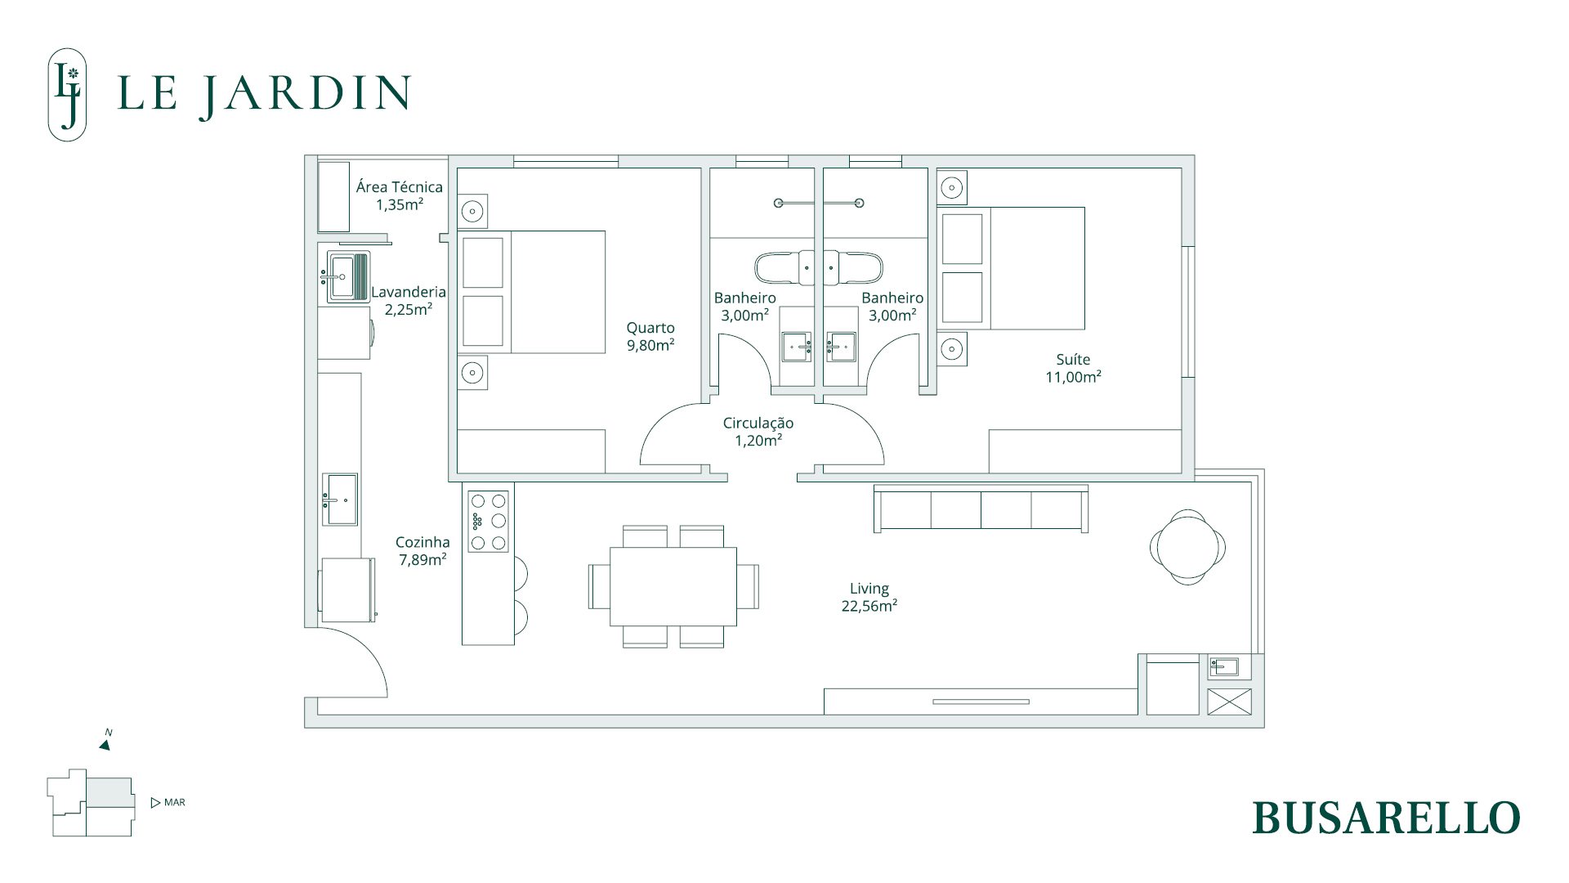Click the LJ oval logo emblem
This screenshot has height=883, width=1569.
[x=67, y=95]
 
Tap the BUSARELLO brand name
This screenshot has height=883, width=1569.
[x=1386, y=818]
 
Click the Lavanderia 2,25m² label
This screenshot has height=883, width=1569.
[x=409, y=300]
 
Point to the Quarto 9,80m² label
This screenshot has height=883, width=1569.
[x=650, y=336]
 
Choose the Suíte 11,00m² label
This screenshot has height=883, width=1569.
[x=1074, y=368]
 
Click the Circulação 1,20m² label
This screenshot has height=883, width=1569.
[x=758, y=432]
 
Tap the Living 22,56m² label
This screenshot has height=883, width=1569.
[x=869, y=597]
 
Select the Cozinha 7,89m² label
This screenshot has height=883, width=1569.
[x=422, y=551]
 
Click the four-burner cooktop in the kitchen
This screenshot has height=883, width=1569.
[x=488, y=522]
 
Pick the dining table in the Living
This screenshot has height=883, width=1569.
[x=673, y=586]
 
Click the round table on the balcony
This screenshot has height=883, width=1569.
[x=1187, y=547]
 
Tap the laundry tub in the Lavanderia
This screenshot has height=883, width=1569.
[x=348, y=277]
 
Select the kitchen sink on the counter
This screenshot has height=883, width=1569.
[x=340, y=499]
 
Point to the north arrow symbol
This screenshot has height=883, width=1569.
[x=105, y=743]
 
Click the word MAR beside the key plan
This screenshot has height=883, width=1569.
[x=175, y=803]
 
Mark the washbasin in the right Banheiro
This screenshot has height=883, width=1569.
[x=841, y=347]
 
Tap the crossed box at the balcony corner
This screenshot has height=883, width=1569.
[x=1229, y=701]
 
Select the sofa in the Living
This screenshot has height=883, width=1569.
[x=981, y=509]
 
